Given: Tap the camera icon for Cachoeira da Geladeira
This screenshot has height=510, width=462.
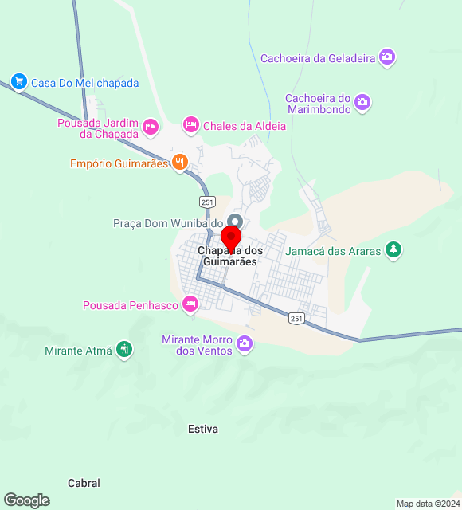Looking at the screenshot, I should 387,57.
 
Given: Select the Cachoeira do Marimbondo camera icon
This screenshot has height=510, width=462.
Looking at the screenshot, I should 362,102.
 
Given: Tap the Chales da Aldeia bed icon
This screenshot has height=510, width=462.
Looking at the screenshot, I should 190,124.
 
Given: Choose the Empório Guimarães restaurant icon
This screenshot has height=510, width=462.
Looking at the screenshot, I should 180,163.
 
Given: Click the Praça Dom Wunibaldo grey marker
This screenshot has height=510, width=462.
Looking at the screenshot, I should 234,222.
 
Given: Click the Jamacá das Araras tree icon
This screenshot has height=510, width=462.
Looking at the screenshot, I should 393,250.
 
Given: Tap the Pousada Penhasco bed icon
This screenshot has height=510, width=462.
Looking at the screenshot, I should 190,304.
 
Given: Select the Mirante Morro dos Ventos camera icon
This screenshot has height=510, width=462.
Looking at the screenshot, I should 245,344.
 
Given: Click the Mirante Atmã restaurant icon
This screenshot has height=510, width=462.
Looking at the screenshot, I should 123,349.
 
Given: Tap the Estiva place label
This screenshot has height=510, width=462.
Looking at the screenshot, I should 203,429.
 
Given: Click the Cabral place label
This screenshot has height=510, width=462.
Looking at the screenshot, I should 84,483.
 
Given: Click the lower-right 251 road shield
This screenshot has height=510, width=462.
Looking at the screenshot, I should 296,318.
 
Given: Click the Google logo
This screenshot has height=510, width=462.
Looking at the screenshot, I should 26,500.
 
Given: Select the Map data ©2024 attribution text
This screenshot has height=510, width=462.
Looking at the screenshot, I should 428,504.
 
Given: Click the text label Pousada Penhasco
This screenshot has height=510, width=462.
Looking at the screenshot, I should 131,304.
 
